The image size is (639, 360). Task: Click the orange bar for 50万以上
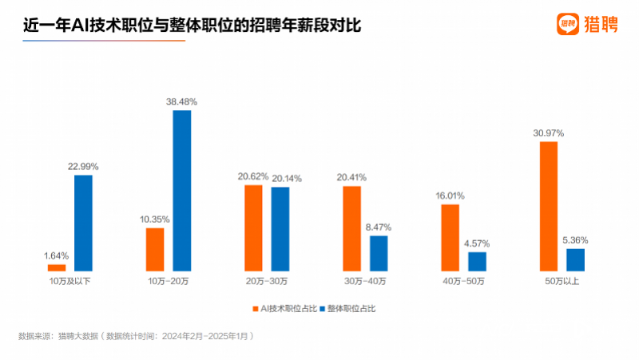pyautogui.click(x=548, y=207)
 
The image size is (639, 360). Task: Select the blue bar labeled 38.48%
pyautogui.click(x=182, y=191)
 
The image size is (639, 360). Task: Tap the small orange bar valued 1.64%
pyautogui.click(x=57, y=267)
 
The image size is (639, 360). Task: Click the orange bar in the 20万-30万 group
pyautogui.click(x=253, y=228)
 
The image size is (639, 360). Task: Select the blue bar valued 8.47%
pyautogui.click(x=379, y=253)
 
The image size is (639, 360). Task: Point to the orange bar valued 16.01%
pyautogui.click(x=450, y=238)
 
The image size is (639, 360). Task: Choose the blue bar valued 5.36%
pyautogui.click(x=575, y=259)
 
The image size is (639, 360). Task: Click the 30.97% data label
pyautogui.click(x=549, y=133)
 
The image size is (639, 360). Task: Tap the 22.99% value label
pyautogui.click(x=84, y=165)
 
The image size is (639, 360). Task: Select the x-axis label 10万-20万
pyautogui.click(x=169, y=282)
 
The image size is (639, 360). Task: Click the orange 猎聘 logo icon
pyautogui.click(x=567, y=24)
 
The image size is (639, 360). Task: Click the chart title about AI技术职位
pyautogui.click(x=192, y=26)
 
